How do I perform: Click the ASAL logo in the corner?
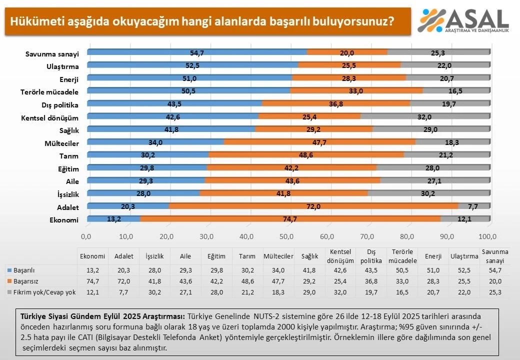tap(462, 21)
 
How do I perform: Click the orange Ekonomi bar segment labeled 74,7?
tap(290, 219)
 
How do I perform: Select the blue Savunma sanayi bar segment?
tap(197, 52)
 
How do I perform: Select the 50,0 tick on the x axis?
tap(287, 236)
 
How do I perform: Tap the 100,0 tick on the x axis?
tap(487, 236)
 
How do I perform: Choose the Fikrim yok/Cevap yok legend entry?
tap(41, 292)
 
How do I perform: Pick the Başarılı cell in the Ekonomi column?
tap(92, 270)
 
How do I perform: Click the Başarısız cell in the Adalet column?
tap(123, 281)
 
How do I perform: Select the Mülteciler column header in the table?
tap(278, 256)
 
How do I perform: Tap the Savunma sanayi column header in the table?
tap(494, 256)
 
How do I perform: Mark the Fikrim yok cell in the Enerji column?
tap(433, 292)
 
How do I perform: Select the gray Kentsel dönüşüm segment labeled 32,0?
tap(424, 116)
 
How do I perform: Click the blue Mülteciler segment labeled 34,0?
tap(155, 142)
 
